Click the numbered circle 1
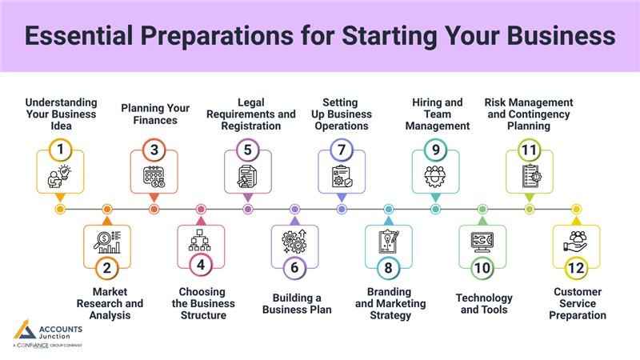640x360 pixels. pos(59,149)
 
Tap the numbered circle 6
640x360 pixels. pos(294,267)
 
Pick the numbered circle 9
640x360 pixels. pos(436,149)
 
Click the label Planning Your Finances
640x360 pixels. pos(154,114)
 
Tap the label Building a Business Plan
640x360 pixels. pos(296,303)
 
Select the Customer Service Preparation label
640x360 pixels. pos(577,303)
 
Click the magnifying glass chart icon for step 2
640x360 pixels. pos(106,240)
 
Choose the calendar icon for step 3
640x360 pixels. pos(154,176)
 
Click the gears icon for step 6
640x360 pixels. pos(294,240)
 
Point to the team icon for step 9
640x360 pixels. pos(436,176)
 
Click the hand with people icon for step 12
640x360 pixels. pos(576,239)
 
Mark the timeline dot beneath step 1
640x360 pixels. pos(59,210)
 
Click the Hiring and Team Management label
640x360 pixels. pos(437,114)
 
